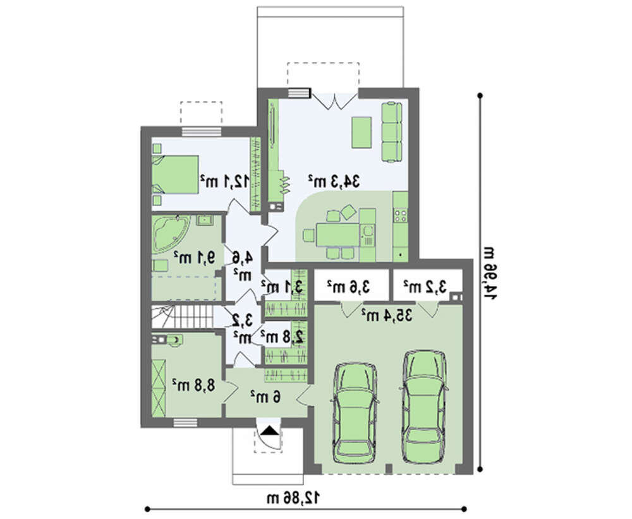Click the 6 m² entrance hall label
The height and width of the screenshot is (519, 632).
click(265, 397)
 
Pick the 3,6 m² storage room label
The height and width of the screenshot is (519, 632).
click(349, 287)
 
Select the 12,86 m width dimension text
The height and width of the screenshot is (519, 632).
click(293, 498)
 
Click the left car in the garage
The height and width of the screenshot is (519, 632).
click(353, 413)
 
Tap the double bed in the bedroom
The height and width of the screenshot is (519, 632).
click(175, 175)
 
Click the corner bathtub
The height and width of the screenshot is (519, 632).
click(171, 234)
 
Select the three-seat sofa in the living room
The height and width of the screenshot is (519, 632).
click(392, 132)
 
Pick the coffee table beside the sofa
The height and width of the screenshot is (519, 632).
click(362, 133)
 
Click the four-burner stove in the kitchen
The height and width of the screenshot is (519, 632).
click(401, 215)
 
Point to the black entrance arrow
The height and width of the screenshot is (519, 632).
click(269, 431)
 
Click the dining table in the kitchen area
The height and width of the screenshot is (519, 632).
click(337, 235)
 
